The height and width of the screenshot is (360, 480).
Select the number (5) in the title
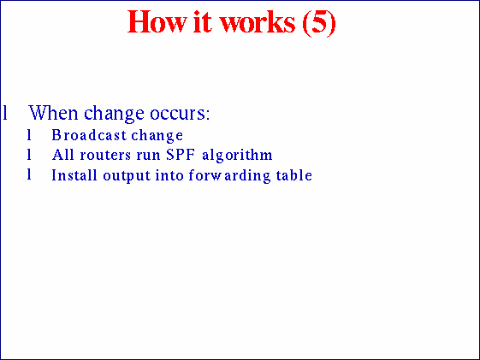(317, 23)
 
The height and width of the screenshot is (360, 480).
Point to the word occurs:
(181, 113)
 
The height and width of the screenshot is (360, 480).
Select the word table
(294, 175)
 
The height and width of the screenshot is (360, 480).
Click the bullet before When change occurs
(5, 113)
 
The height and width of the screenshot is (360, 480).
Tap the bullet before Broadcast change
(29, 135)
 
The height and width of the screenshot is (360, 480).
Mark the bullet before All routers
(29, 155)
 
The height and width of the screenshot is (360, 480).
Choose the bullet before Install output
(29, 175)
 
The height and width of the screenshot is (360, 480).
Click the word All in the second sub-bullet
(62, 155)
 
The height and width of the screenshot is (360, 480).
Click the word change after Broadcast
(157, 135)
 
